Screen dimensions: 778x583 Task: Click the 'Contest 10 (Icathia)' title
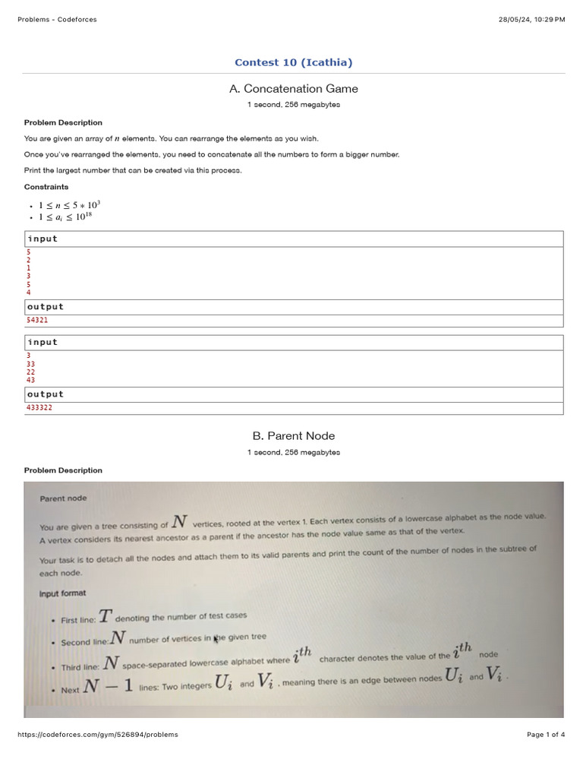pos(293,62)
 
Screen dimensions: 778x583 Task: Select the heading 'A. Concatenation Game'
pos(293,89)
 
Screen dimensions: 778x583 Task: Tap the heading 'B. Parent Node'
pos(293,435)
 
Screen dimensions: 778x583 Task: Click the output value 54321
pos(37,321)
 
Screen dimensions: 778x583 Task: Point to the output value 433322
pos(39,408)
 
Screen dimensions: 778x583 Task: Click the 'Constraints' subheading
pos(46,187)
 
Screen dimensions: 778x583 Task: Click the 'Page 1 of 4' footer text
pos(546,735)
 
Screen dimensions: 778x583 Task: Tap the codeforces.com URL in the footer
pos(97,735)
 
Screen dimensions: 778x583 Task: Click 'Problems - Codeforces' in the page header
pos(57,19)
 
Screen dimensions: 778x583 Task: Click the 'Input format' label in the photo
pos(62,593)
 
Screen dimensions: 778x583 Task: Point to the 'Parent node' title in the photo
pos(63,498)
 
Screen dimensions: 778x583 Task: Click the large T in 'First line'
pos(105,616)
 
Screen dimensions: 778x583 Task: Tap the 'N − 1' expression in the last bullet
pos(109,685)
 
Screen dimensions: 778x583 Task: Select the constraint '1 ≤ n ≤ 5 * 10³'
pos(69,205)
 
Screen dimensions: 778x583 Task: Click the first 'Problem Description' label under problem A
pos(63,122)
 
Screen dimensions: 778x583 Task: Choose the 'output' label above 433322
pos(46,394)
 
